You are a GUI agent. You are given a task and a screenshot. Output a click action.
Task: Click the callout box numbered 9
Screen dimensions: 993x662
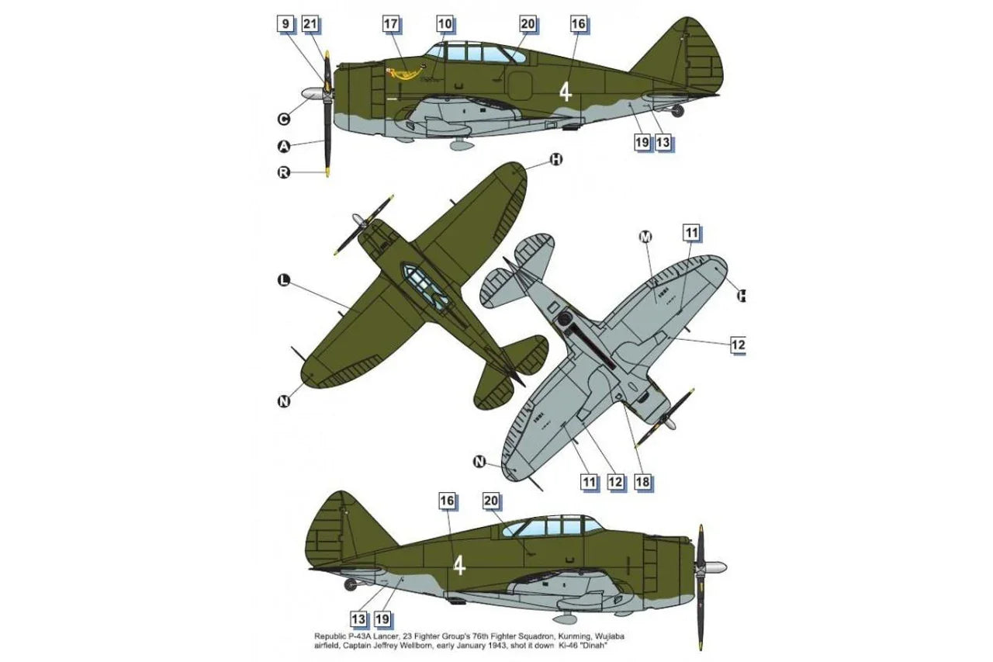(x=286, y=23)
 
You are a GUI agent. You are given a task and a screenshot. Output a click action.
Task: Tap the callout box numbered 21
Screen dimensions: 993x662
(x=310, y=23)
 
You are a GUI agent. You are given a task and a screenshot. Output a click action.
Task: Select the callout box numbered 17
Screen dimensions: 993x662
(x=390, y=23)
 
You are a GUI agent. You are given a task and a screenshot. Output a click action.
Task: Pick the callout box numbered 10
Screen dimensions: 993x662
(x=445, y=23)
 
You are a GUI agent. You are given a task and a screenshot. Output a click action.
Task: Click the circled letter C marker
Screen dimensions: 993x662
(x=284, y=119)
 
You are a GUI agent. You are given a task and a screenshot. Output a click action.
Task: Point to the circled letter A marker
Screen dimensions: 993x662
(x=284, y=146)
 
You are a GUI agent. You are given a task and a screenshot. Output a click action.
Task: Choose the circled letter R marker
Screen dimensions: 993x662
(x=284, y=172)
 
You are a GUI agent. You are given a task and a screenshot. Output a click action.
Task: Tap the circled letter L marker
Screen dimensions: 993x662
(x=284, y=280)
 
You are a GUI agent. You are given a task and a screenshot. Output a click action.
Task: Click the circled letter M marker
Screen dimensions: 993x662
(x=645, y=237)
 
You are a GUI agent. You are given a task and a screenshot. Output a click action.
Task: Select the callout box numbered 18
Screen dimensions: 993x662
(x=642, y=481)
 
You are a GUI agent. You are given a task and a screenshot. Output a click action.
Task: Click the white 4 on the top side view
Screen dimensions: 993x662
(x=565, y=92)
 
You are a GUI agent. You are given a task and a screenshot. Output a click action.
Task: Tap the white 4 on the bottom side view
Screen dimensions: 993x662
(x=460, y=566)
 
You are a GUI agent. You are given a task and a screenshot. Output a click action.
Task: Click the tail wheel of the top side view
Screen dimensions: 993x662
(x=677, y=111)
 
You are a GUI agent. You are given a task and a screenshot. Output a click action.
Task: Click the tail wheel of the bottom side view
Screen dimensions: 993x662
(x=351, y=585)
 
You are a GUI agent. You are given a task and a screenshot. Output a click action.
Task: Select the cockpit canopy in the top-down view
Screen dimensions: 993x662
(x=424, y=286)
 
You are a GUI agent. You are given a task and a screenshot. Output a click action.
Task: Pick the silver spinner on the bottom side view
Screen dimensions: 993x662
(x=713, y=567)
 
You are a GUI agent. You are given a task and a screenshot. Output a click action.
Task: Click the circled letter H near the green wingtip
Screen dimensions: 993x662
(x=556, y=160)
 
